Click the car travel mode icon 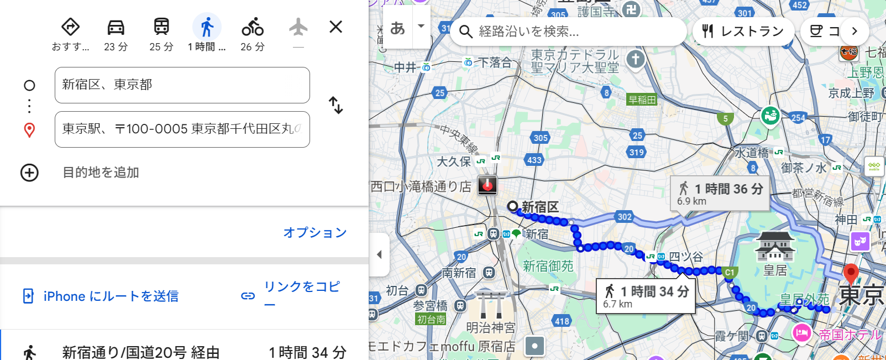tap(116, 27)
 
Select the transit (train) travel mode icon tap(161, 27)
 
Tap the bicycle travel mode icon tap(253, 27)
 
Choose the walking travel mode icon tap(207, 27)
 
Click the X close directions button tap(335, 27)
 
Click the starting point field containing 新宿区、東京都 tap(182, 85)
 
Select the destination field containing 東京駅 tap(182, 129)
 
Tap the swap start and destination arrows tap(335, 105)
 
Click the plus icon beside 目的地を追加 tap(29, 173)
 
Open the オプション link tap(315, 232)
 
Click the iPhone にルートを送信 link tap(111, 296)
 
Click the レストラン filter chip tap(743, 32)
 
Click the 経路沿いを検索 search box tap(569, 32)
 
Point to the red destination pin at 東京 tap(851, 273)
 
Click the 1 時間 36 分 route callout tap(720, 194)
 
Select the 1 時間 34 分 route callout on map tap(646, 296)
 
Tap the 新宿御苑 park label tap(548, 267)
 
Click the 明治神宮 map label tap(491, 328)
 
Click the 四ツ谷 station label tap(686, 257)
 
